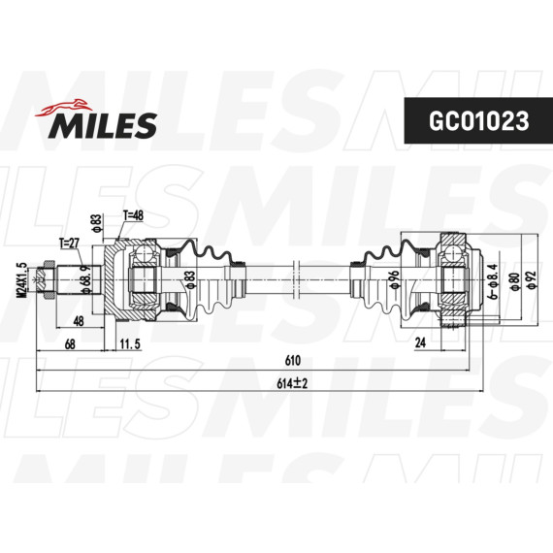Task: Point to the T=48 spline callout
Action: pos(133,216)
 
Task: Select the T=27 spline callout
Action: pos(71,244)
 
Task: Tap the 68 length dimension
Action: pos(70,343)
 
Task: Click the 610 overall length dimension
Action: pos(291,360)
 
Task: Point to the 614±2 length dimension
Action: pos(291,384)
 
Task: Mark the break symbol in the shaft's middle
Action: pos(291,279)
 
